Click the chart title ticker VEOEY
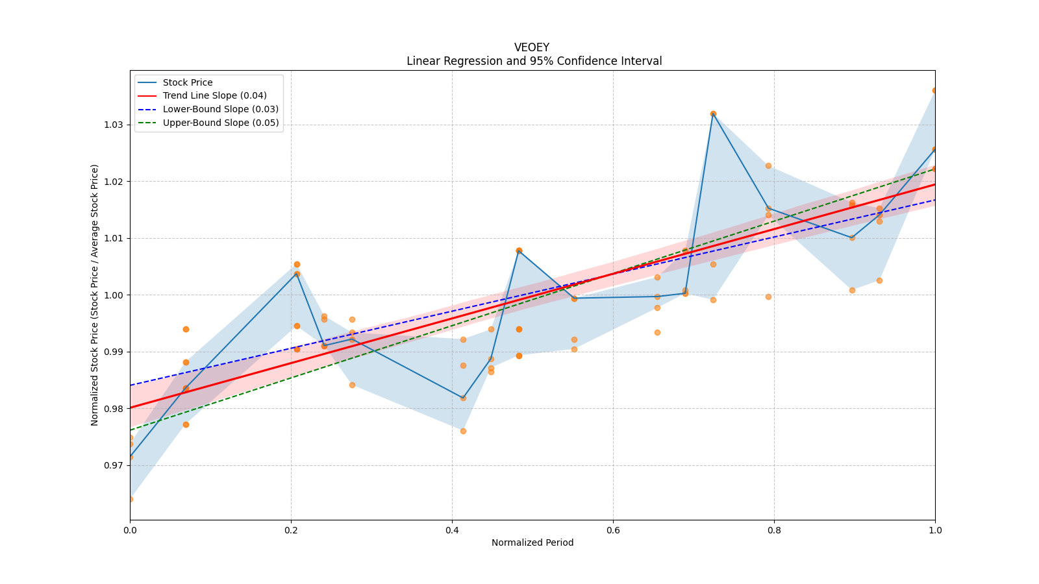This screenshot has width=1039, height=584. coord(532,47)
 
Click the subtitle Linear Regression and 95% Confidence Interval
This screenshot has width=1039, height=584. coord(534,61)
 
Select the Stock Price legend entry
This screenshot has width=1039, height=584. coord(188,82)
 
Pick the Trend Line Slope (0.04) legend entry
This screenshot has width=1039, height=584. coord(214,96)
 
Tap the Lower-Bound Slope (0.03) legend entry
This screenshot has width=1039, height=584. coord(220,109)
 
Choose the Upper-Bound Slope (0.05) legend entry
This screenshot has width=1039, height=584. coord(221,123)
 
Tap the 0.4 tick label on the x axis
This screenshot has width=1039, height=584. coord(452,530)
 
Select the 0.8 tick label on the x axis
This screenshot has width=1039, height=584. coord(774,530)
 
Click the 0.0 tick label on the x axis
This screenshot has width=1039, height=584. coord(130,530)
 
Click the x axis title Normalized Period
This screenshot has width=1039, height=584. coord(532,542)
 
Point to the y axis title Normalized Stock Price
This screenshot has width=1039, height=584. coord(95,295)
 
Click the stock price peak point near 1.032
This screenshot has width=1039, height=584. coord(713,114)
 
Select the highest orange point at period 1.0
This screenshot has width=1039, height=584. coord(934,91)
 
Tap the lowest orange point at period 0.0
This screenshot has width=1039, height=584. coord(131,499)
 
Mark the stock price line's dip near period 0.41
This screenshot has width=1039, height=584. coord(463,398)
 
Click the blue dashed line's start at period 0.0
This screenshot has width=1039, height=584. coord(131,385)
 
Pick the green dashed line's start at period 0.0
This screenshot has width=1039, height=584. coord(131,430)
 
